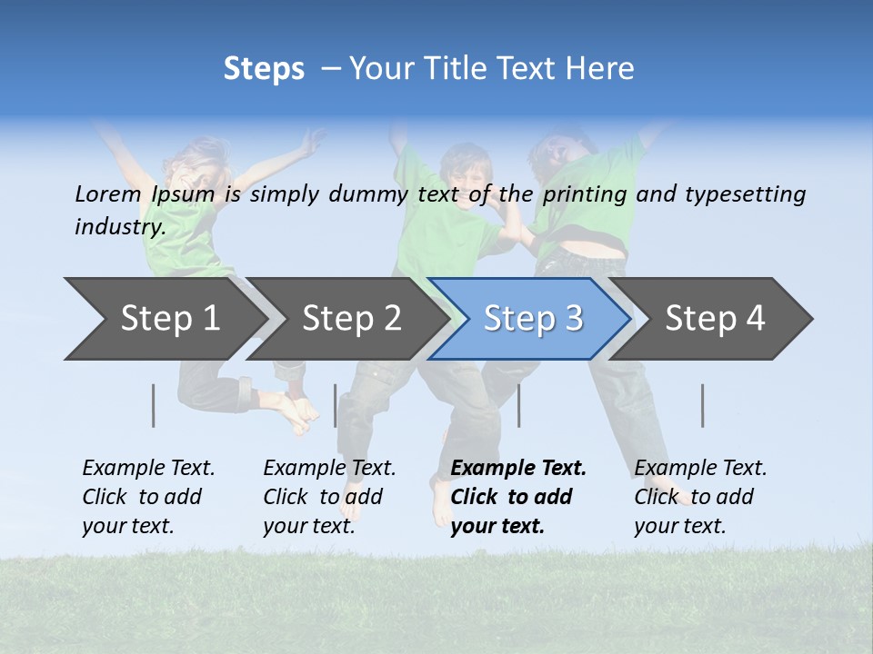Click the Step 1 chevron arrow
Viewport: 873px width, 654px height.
tap(168, 319)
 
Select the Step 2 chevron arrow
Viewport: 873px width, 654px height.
tap(350, 319)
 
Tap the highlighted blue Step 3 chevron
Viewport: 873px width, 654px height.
tap(532, 319)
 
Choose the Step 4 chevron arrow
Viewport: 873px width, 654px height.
tap(714, 319)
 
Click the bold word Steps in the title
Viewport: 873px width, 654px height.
tap(264, 69)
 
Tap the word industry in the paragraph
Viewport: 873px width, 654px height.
tap(119, 226)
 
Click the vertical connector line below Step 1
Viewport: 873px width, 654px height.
tap(154, 405)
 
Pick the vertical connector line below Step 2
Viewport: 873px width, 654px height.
tap(336, 405)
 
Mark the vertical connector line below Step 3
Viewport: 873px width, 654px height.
tap(518, 405)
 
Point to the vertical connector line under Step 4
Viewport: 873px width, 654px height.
tap(702, 405)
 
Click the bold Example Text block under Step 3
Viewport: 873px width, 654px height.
tap(518, 497)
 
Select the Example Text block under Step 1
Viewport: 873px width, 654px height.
tap(148, 497)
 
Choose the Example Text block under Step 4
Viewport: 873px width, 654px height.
tap(700, 497)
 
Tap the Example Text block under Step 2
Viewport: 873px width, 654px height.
tap(329, 497)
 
